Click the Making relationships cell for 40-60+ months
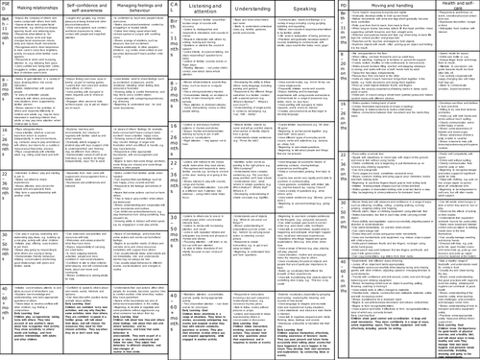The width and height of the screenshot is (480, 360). pyautogui.click(x=50, y=328)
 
